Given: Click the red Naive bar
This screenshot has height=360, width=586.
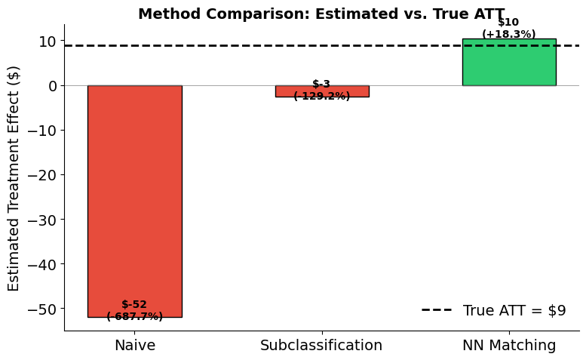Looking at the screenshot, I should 134,196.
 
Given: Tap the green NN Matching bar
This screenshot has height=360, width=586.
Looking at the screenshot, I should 508,62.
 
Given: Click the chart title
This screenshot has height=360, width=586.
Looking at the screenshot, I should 321,14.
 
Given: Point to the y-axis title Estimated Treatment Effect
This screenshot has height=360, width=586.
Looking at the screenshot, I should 14,178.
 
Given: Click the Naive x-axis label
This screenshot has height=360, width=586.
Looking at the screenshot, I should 134,346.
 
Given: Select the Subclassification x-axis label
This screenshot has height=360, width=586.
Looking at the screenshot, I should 321,346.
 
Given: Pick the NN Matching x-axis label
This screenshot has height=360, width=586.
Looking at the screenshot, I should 509,346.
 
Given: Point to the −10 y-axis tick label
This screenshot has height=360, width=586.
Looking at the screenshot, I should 44,131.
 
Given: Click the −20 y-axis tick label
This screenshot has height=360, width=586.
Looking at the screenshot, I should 44,175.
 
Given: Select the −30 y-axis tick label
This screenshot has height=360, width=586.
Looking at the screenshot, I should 44,220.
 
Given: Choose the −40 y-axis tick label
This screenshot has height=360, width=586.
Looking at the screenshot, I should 44,264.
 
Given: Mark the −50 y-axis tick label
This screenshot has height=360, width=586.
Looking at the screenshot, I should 44,309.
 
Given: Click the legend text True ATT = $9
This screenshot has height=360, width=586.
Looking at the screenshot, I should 514,310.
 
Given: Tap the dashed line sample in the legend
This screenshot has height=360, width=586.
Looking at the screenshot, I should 437,310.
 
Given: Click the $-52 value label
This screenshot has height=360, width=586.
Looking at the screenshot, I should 134,305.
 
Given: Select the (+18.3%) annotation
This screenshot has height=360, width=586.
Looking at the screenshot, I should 509,34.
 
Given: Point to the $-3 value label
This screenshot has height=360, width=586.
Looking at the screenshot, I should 321,85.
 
